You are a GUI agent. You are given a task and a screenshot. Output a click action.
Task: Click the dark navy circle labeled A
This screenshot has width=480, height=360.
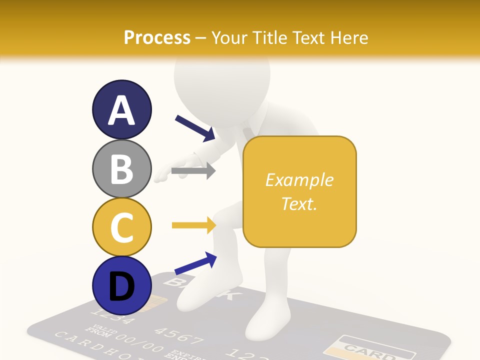(x=121, y=109)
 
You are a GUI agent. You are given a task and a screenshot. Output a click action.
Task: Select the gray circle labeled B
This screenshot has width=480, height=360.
(x=121, y=168)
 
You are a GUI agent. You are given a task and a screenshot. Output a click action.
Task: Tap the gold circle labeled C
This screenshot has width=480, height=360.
(x=121, y=227)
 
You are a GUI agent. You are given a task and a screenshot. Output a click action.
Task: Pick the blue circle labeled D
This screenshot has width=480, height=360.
(x=121, y=285)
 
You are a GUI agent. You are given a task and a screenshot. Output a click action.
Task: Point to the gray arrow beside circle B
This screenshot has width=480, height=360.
(x=193, y=170)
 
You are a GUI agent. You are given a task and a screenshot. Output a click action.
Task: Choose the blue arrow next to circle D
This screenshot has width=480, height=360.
(x=195, y=263)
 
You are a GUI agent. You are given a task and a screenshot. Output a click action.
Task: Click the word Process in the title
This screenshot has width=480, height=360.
(x=157, y=37)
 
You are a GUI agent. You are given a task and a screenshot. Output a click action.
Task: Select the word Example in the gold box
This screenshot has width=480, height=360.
(x=299, y=180)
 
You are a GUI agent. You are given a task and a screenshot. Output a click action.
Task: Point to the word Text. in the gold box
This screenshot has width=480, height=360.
(x=299, y=203)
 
